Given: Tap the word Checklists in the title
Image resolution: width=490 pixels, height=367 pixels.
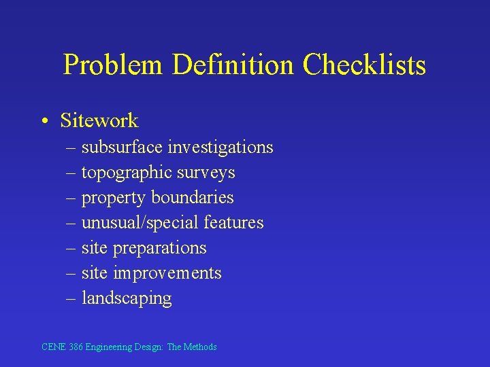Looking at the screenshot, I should click(365, 66).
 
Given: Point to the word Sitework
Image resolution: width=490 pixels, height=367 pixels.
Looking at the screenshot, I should click(99, 121).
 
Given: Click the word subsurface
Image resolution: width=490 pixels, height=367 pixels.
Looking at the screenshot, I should click(122, 147).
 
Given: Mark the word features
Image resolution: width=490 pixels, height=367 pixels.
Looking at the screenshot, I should click(233, 222).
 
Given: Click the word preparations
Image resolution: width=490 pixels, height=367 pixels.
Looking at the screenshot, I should click(159, 248).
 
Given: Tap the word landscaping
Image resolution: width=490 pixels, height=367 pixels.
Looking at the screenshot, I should click(127, 298).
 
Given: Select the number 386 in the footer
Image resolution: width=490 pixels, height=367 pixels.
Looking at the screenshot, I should click(76, 347).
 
